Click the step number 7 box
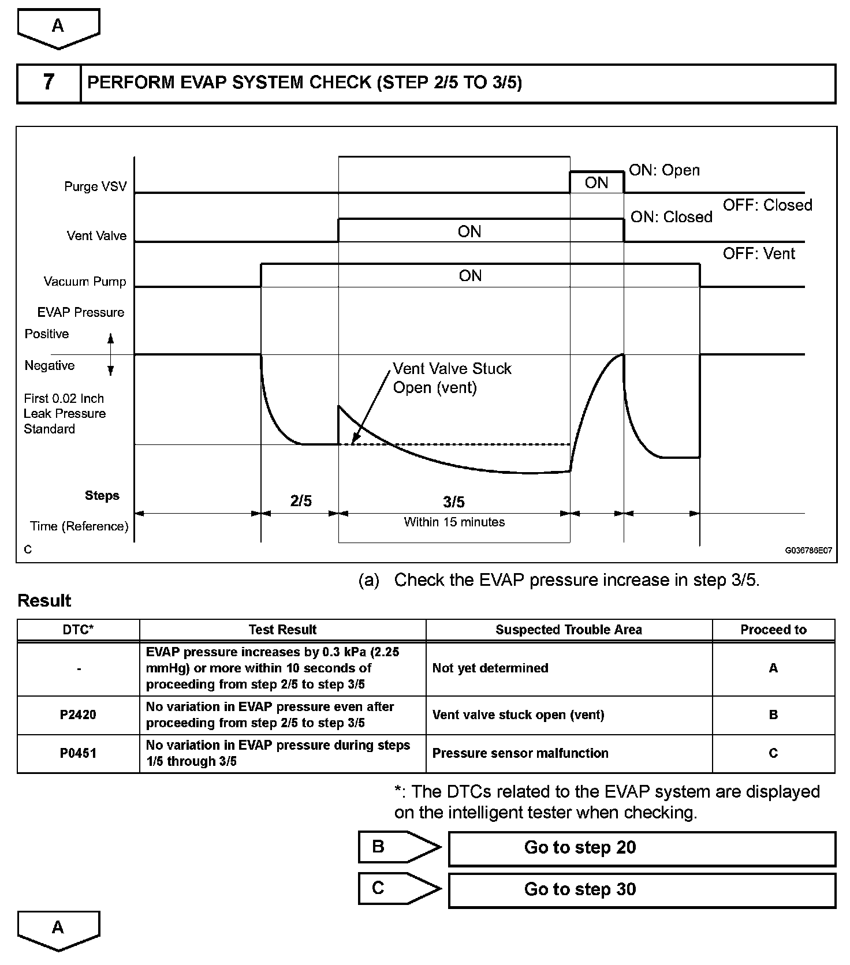point(49,83)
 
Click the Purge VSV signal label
point(95,187)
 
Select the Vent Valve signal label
point(96,235)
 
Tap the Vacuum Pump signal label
point(85,282)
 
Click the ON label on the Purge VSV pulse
point(597,183)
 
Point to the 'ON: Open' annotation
point(664,170)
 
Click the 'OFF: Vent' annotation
point(759,253)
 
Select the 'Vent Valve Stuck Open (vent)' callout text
point(452,378)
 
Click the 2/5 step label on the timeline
point(301,501)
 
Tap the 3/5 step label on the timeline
point(454,502)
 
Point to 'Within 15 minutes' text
point(454,522)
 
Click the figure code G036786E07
point(808,551)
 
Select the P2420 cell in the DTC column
point(79,715)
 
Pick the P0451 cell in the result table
point(79,753)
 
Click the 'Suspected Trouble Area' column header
point(569,630)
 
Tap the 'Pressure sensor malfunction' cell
point(520,753)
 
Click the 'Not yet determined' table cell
point(490,668)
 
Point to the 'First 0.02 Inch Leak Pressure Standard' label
point(65,414)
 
